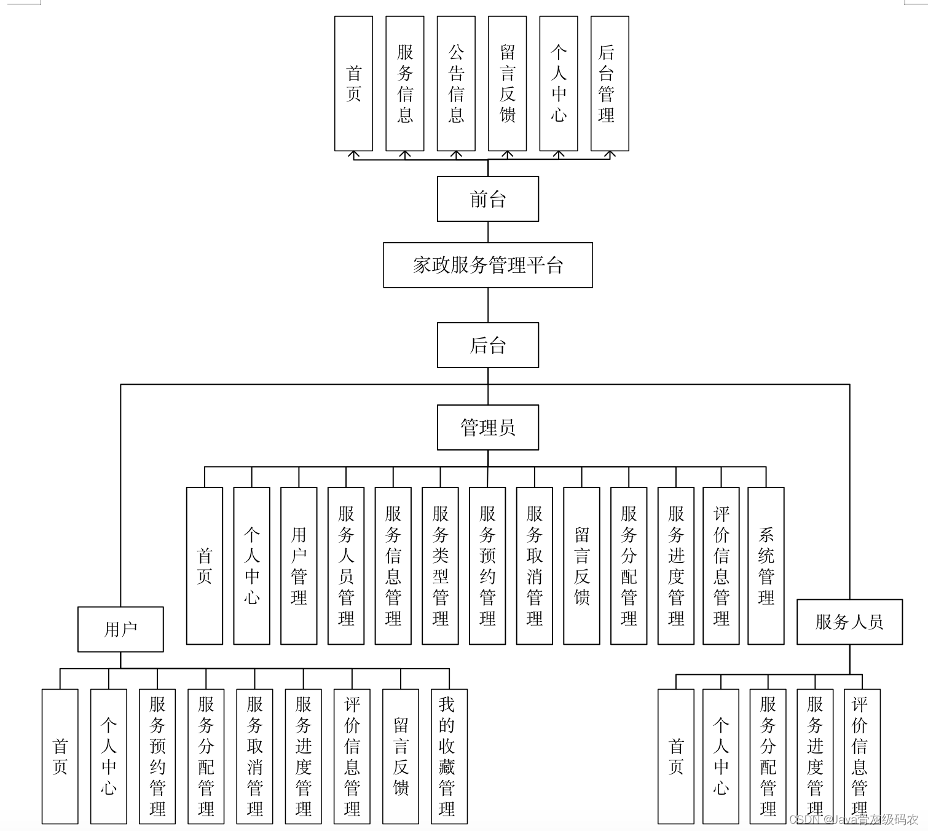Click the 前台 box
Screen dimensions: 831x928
pos(487,199)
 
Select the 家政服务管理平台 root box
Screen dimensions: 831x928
pos(487,265)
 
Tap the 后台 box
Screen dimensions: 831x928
pos(487,345)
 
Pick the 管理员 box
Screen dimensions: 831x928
pos(487,427)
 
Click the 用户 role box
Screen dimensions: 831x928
pos(120,629)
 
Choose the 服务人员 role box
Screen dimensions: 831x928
pos(849,622)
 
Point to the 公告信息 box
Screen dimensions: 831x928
pos(455,84)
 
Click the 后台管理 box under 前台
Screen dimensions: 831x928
pos(609,84)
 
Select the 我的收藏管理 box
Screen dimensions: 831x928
pos(449,756)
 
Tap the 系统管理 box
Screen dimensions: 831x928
pos(766,565)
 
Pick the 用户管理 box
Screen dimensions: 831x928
pos(299,565)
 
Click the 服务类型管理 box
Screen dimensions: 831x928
pos(440,565)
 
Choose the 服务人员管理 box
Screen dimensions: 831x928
pos(346,565)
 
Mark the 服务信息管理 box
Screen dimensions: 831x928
pos(393,565)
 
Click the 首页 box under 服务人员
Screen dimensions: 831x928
pos(675,756)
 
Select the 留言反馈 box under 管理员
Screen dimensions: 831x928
pos(581,565)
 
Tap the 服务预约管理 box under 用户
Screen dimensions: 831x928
pos(157,756)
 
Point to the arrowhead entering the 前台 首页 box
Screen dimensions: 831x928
pos(353,154)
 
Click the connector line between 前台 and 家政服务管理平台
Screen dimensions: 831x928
pos(488,232)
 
